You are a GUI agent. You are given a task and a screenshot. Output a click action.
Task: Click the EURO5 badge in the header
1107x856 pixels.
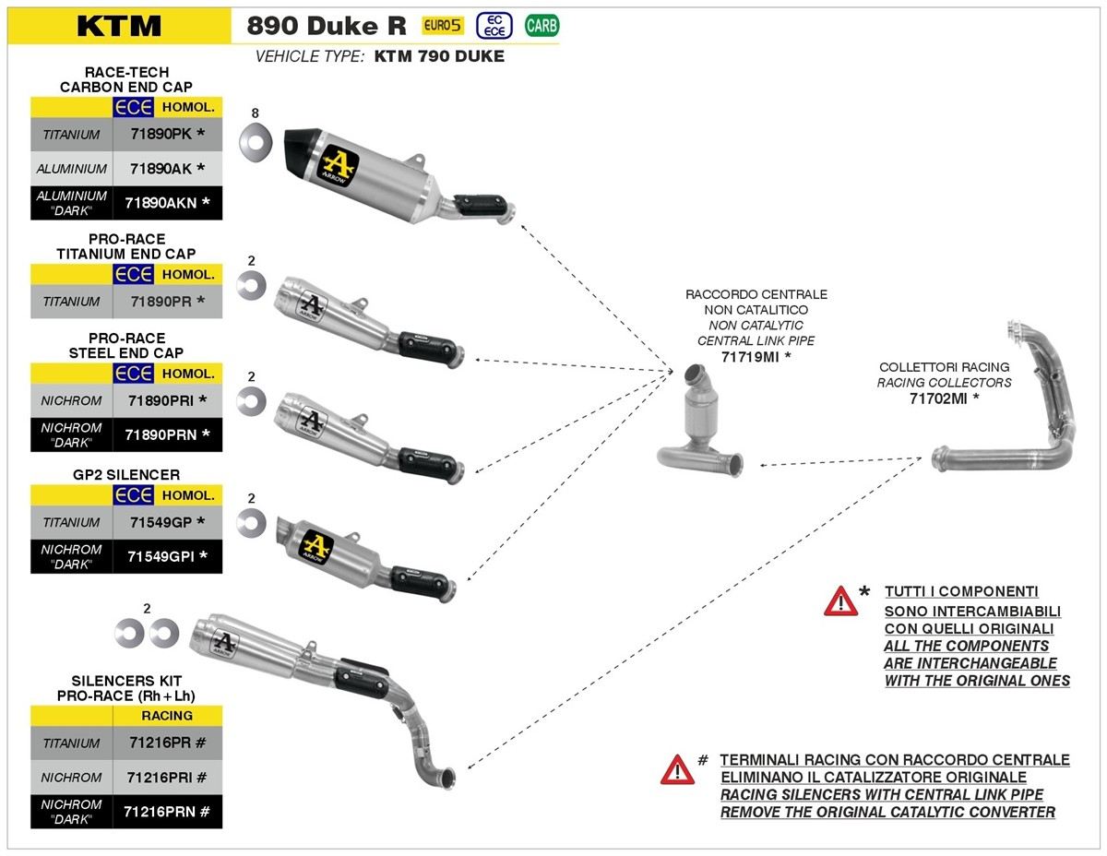[443, 25]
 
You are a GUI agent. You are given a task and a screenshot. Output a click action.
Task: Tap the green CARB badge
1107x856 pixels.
[542, 26]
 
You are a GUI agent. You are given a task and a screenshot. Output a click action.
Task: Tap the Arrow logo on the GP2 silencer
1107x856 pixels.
[316, 543]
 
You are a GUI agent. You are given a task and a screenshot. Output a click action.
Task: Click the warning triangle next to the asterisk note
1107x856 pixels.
[840, 601]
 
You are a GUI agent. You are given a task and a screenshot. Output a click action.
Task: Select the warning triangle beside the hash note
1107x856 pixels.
[677, 768]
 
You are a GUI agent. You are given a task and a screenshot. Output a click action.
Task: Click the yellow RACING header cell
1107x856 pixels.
[167, 716]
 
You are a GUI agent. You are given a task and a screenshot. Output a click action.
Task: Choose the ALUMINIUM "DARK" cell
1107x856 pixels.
[71, 203]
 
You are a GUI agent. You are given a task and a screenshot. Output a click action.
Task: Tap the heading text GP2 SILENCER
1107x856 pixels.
[127, 475]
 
